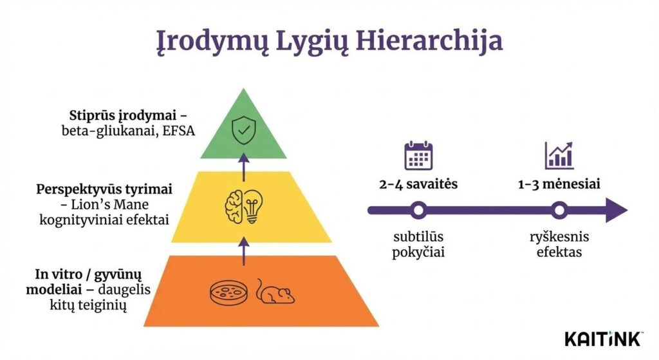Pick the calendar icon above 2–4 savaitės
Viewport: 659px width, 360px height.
click(x=418, y=156)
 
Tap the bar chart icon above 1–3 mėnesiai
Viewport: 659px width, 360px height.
click(x=559, y=156)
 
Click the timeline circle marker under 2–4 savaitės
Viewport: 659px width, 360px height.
click(x=419, y=210)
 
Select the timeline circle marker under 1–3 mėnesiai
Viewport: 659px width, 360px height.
click(x=559, y=210)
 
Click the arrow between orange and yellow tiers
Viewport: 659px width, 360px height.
click(x=243, y=250)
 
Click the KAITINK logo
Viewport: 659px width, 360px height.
click(x=603, y=338)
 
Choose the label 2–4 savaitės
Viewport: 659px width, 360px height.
click(x=418, y=184)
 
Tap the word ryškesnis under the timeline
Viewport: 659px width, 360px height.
click(x=559, y=237)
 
